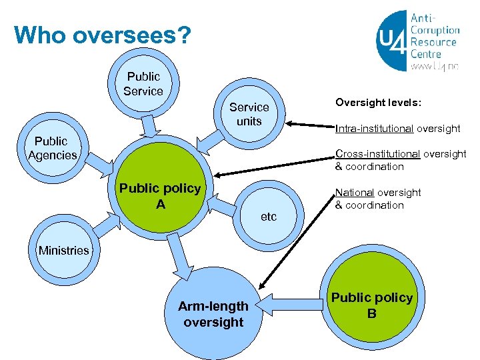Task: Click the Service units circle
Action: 249,114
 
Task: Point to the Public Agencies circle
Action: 52,149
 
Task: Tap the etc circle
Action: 269,215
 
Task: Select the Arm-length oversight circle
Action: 213,313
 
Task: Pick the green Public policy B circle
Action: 372,305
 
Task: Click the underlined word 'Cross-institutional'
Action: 378,154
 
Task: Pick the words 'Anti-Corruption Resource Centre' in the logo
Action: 435,37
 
